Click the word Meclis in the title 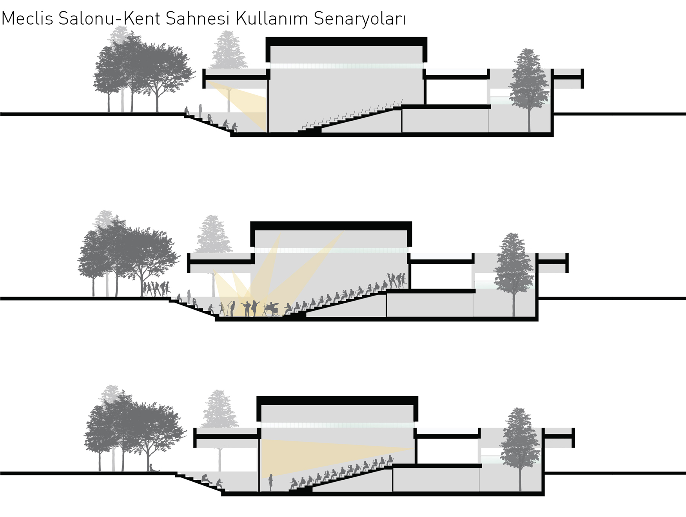[27, 19]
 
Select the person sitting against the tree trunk [152, 468]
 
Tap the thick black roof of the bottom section [337, 401]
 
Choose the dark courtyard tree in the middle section [514, 270]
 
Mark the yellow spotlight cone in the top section [243, 104]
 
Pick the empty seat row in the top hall [353, 116]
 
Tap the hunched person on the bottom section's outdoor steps [206, 479]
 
